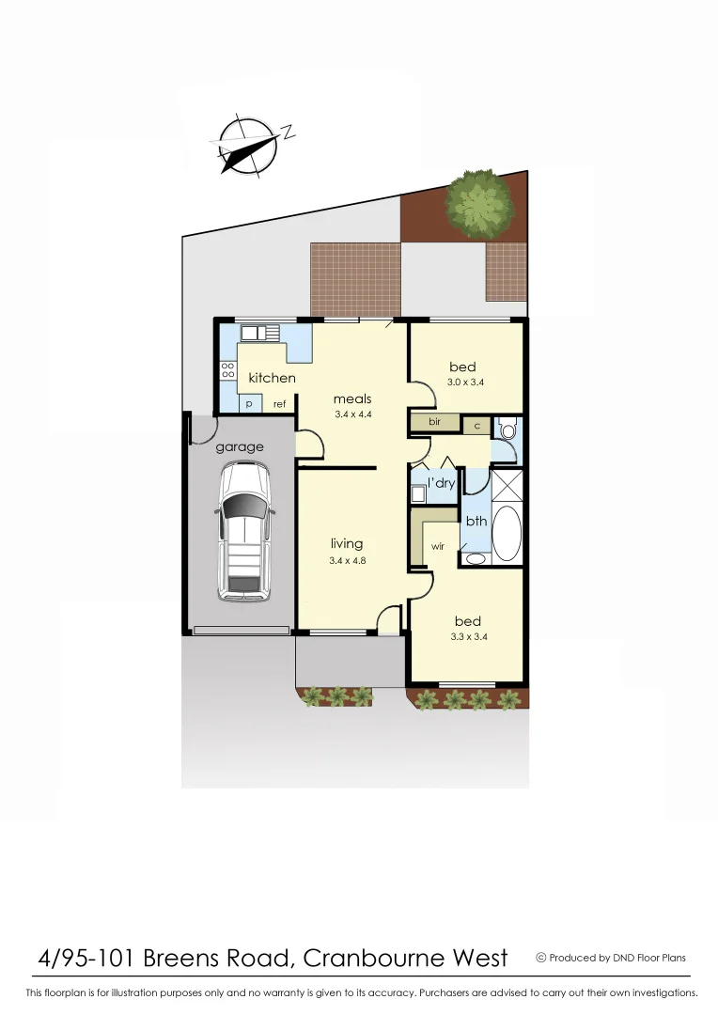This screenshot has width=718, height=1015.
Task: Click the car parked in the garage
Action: point(244,532)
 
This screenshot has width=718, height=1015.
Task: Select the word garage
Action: point(239,447)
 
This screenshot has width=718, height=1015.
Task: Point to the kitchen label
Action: point(272,378)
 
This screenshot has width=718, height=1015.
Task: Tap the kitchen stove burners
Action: point(227,370)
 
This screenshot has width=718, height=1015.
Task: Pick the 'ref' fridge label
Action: point(279,404)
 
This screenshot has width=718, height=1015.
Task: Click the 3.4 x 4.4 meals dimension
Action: point(352,414)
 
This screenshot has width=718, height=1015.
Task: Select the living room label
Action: point(346,543)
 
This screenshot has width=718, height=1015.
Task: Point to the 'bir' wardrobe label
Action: point(434,422)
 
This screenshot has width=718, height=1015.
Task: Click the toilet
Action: point(508,430)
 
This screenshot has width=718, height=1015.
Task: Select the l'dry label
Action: point(441,483)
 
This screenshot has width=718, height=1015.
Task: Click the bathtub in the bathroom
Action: point(507,534)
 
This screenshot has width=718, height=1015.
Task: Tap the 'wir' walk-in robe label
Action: point(437,546)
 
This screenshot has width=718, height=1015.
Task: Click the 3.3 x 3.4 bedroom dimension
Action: point(467,637)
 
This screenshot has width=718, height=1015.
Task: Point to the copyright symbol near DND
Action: point(540,958)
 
